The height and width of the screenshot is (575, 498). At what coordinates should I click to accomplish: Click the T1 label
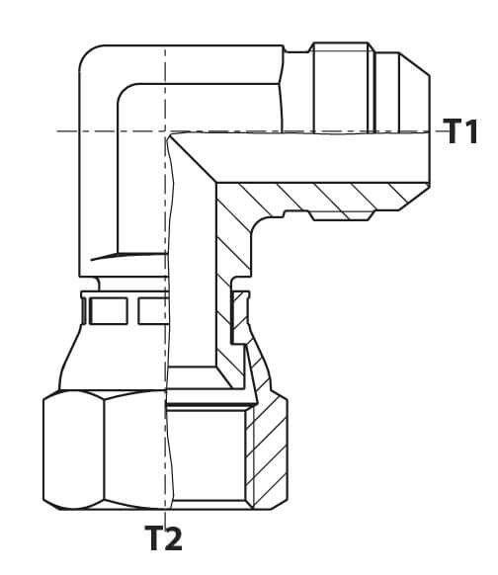point(460,131)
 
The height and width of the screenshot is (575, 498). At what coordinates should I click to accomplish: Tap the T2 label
point(164,537)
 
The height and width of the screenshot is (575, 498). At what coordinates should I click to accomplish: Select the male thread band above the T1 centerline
point(341,87)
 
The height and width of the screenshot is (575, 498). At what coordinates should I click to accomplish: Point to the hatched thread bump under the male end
point(341,215)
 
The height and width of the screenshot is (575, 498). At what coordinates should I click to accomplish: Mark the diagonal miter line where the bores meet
point(193,158)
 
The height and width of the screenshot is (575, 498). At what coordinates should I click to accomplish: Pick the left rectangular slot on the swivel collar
point(109,310)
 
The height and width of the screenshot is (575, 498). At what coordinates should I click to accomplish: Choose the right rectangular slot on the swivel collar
point(152,310)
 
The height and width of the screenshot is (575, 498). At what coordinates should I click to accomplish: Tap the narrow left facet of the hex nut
point(73,451)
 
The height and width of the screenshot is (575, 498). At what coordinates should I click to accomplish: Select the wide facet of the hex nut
point(135,451)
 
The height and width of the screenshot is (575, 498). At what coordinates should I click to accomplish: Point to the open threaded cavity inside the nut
point(207,455)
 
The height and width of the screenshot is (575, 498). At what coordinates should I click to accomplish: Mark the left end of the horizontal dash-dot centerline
point(57,131)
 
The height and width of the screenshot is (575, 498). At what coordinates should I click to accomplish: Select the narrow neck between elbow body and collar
point(132,284)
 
